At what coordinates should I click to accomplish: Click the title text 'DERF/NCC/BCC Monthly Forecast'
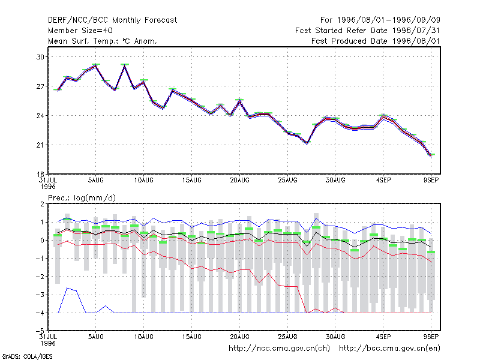(112, 20)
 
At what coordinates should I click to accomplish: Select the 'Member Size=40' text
(80, 31)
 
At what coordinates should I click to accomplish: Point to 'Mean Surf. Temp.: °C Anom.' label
(103, 41)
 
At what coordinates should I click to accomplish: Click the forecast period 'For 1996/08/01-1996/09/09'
(380, 20)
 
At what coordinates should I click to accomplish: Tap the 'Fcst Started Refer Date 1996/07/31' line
(368, 31)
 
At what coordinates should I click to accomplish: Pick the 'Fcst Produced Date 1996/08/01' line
(376, 41)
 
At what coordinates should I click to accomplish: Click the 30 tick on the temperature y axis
(40, 57)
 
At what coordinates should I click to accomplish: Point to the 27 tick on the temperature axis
(40, 86)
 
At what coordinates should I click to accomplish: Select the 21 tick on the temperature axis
(40, 145)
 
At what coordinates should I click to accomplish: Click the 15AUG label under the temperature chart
(191, 181)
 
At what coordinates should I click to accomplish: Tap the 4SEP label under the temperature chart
(383, 181)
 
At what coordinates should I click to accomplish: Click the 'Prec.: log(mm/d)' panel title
(82, 198)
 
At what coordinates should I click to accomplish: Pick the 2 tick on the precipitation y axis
(42, 204)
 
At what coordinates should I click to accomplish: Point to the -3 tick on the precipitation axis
(40, 295)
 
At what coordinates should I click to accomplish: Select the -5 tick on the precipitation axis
(40, 331)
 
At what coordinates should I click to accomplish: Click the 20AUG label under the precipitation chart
(239, 337)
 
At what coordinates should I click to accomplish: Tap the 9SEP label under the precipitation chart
(431, 337)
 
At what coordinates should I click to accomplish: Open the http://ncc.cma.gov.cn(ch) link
(279, 349)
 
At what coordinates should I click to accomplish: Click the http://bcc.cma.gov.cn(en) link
(389, 349)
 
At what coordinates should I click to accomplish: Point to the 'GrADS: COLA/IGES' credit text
(27, 356)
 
